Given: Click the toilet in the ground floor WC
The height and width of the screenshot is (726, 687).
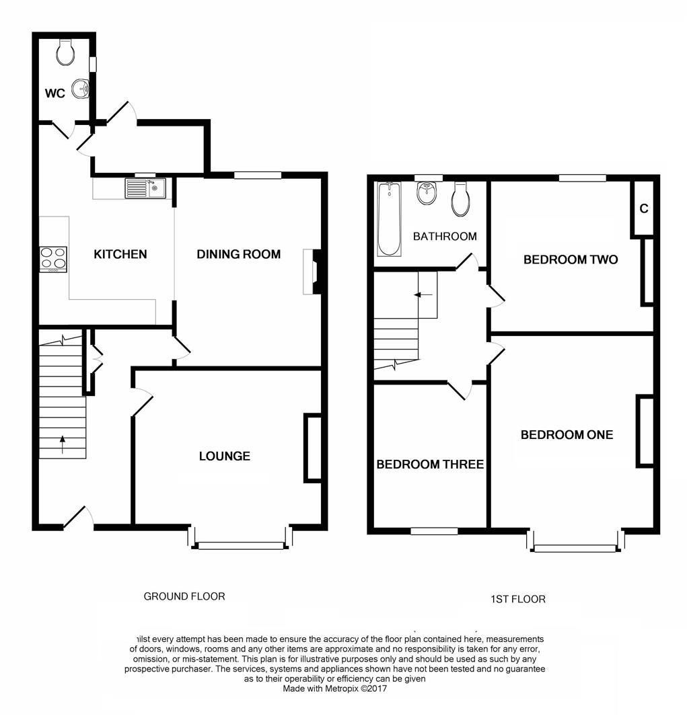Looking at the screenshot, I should tap(66, 52).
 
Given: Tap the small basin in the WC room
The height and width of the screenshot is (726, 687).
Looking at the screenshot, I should tap(82, 87).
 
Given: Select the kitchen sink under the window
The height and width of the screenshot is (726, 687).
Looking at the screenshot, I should tap(144, 188).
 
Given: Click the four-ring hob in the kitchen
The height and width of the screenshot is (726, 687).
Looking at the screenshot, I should tap(54, 259).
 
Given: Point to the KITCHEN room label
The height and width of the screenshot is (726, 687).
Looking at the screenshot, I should tap(120, 254).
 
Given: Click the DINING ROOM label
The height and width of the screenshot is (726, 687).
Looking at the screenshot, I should tap(238, 254).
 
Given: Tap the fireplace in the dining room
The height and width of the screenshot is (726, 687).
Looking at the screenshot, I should tap(314, 272).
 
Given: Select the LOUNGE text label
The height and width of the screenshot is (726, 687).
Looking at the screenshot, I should tap(224, 456).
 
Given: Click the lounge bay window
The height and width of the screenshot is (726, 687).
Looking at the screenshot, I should tap(241, 545).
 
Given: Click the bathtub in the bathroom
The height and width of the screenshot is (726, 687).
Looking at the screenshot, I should tap(388, 219).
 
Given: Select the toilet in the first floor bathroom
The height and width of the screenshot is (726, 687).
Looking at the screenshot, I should tap(461, 198).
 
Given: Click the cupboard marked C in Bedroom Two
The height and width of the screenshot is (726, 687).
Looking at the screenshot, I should tap(643, 208).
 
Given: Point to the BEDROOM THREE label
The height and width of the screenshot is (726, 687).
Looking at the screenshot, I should tap(429, 464).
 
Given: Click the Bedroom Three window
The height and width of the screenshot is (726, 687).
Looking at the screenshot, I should tap(434, 531).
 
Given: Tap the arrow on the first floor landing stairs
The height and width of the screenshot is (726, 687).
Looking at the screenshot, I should tap(422, 294).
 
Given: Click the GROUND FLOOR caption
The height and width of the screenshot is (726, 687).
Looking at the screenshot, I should tap(184, 596).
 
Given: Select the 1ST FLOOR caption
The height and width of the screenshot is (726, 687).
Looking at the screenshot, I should tap(518, 599).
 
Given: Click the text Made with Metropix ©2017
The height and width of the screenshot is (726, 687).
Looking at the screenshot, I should tap(334, 688).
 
